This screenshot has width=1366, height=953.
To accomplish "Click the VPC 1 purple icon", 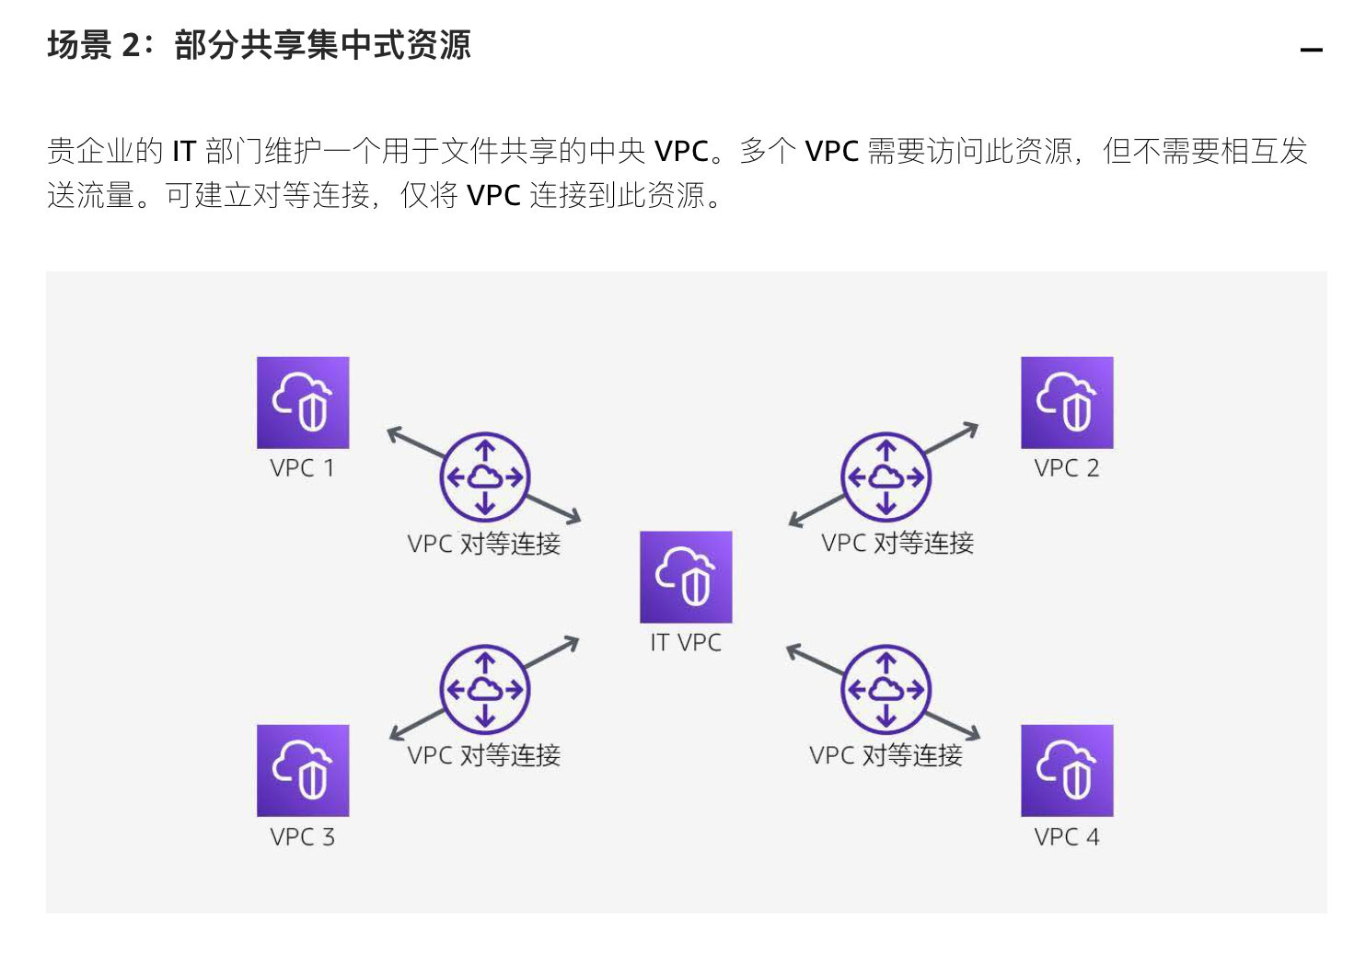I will (x=303, y=403).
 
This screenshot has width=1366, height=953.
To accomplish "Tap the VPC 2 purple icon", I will (x=1067, y=403).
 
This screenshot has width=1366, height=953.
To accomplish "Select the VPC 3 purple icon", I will (x=303, y=771).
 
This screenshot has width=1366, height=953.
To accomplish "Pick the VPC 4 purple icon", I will (x=1067, y=771).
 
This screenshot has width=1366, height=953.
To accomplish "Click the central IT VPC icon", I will (x=686, y=577).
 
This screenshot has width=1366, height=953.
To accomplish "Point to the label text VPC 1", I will (x=302, y=468).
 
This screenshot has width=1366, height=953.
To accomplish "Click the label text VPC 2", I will (x=1067, y=468).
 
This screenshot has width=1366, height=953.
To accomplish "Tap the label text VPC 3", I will (x=302, y=837).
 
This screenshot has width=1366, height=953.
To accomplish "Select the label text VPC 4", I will (x=1067, y=837).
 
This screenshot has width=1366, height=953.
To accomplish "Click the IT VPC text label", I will (x=686, y=643).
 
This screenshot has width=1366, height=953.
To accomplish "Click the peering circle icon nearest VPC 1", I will (x=485, y=477).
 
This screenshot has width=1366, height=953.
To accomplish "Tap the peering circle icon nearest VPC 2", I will (x=886, y=477).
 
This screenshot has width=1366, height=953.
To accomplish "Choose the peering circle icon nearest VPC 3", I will (x=485, y=689).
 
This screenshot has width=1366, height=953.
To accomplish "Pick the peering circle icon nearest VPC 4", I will (x=886, y=689).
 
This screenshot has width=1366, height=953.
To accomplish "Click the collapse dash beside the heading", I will (x=1311, y=50).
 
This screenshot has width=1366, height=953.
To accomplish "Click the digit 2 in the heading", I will (x=131, y=45).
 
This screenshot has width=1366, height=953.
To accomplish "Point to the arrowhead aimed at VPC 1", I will (x=393, y=432).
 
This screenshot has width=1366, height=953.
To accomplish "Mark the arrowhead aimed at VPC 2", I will (x=971, y=428).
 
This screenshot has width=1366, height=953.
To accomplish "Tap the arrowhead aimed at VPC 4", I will (x=974, y=734).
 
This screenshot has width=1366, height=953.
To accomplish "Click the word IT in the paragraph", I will (x=184, y=151).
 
